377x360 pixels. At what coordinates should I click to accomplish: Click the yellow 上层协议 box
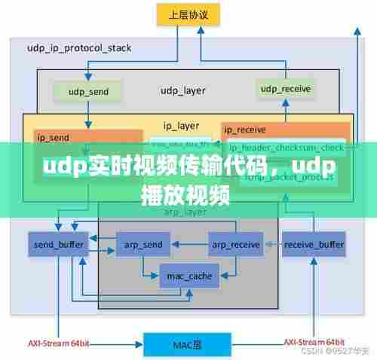tap(188, 14)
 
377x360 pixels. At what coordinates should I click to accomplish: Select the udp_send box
tap(88, 92)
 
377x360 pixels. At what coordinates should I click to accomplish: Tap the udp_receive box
tap(286, 90)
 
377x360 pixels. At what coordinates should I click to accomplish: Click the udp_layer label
tap(182, 91)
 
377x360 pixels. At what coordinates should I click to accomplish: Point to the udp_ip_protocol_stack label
tap(79, 47)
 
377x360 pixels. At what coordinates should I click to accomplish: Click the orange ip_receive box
tap(286, 129)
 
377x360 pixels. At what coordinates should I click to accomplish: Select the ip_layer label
tap(182, 125)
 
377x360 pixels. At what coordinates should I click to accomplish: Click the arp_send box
tap(144, 244)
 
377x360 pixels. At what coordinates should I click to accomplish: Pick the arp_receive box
tap(236, 244)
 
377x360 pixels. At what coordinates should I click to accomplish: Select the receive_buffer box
tap(314, 244)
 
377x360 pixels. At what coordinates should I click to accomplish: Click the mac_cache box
tap(189, 276)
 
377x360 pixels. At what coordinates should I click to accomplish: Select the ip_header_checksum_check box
tap(287, 147)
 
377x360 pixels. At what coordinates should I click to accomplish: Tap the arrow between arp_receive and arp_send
tap(190, 244)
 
